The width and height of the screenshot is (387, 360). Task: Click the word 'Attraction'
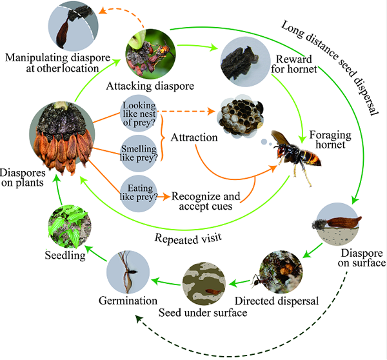pos(193,137)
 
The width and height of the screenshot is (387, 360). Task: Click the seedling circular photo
pos(68,227)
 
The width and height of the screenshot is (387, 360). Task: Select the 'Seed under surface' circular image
pos(204,282)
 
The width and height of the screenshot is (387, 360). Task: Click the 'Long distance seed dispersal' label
pos(329,65)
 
